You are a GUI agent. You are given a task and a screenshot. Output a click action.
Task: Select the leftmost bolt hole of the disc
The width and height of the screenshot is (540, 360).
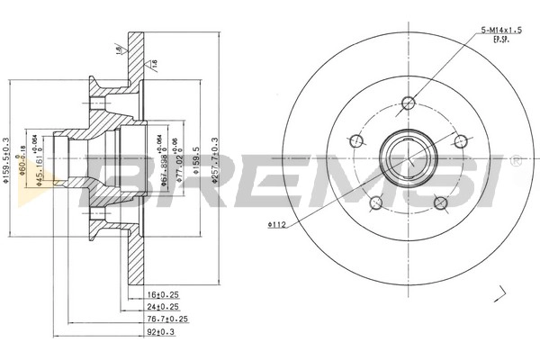click(x=354, y=140)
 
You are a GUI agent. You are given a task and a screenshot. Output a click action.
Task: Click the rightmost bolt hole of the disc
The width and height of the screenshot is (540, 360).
click(x=461, y=140)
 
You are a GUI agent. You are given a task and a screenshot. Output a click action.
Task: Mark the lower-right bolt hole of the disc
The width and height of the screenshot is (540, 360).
click(x=440, y=203)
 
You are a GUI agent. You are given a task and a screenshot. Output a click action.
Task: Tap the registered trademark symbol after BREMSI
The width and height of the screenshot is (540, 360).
click(x=516, y=161)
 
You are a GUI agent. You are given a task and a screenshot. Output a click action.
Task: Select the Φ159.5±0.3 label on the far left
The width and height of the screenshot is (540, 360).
click(x=6, y=160)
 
